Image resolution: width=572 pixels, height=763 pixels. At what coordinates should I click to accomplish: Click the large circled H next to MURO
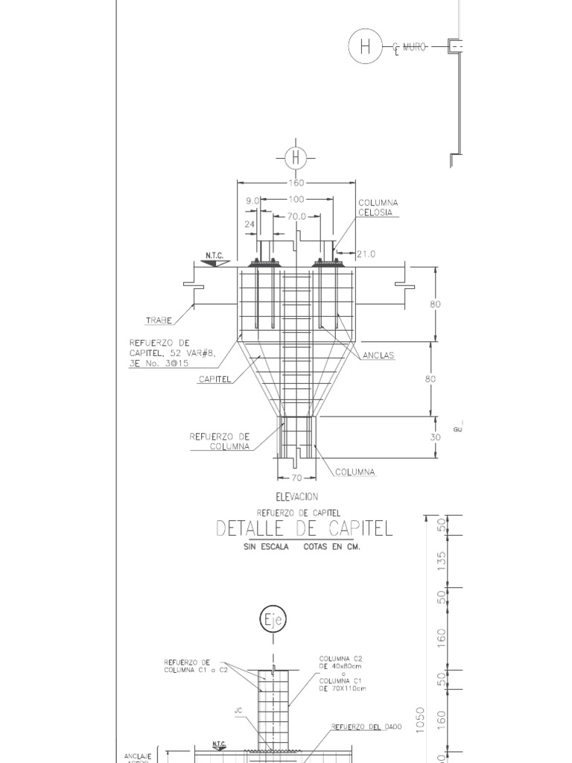[365, 47]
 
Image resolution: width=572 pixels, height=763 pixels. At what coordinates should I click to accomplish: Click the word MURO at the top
[414, 47]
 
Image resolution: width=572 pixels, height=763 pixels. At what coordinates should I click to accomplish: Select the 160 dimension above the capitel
[296, 183]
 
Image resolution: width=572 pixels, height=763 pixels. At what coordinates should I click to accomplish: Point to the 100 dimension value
[296, 200]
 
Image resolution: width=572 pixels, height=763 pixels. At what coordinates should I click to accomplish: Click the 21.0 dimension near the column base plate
[366, 254]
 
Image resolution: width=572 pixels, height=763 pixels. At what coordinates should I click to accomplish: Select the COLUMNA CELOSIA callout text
[378, 208]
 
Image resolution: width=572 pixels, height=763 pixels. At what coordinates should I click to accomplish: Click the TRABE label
[159, 320]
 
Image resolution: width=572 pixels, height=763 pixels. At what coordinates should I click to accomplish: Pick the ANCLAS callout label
[379, 355]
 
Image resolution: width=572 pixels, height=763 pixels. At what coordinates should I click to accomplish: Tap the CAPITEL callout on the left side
[213, 379]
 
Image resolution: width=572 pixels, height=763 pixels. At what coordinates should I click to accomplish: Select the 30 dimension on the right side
[436, 437]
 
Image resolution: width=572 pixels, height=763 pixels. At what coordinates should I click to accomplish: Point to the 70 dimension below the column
[296, 478]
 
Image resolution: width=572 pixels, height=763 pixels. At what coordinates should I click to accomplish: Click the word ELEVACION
[296, 496]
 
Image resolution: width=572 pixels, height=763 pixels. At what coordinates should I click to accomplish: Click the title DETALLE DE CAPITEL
[304, 529]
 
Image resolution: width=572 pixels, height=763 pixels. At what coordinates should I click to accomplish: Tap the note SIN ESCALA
[265, 547]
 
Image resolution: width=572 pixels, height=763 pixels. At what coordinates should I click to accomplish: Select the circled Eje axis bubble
[273, 620]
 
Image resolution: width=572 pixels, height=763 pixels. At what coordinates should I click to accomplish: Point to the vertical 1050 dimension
[421, 721]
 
